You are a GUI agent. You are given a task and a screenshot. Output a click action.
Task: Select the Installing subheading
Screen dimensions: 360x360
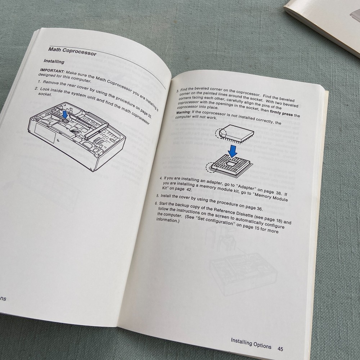click(x=54, y=62)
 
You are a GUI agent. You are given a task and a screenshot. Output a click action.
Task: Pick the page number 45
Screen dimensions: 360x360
click(x=280, y=348)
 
